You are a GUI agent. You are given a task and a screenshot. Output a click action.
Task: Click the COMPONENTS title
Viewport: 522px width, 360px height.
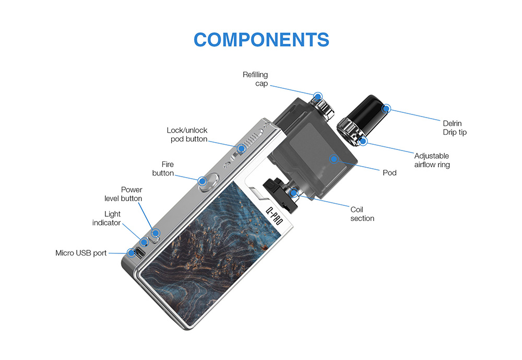click(262, 40)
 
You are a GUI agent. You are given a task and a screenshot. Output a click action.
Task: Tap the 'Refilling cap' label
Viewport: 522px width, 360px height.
click(255, 79)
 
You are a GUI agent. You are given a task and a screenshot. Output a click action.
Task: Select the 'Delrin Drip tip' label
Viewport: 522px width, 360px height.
click(455, 127)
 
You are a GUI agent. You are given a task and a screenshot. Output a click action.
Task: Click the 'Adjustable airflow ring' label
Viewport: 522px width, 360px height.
click(432, 160)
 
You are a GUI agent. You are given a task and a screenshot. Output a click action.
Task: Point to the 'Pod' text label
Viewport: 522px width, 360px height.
click(389, 172)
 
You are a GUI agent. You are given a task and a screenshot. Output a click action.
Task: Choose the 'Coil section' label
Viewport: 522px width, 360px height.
click(362, 214)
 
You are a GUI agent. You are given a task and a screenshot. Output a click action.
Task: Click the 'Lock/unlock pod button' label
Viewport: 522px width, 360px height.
click(187, 135)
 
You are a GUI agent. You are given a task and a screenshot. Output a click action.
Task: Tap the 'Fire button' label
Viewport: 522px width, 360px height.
click(163, 169)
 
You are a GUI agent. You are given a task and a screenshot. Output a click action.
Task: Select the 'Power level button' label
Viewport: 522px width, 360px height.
click(123, 194)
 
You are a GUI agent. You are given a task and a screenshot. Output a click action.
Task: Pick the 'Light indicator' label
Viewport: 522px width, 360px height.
click(106, 218)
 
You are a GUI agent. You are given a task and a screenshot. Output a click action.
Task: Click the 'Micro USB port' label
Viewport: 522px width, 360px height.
click(81, 253)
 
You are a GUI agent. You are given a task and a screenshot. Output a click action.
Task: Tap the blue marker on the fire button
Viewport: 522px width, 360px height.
click(202, 181)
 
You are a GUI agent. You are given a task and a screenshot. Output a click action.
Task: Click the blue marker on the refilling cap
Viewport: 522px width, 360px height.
click(318, 97)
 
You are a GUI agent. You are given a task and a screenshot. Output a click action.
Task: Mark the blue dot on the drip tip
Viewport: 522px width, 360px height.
click(386, 108)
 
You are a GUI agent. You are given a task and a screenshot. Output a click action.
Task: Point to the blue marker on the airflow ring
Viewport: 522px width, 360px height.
click(363, 141)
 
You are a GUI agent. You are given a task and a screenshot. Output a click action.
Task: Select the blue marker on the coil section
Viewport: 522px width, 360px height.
click(293, 193)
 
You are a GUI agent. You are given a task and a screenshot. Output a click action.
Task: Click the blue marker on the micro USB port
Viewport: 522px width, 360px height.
click(132, 253)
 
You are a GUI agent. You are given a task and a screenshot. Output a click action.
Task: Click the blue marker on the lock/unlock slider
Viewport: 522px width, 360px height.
click(241, 148)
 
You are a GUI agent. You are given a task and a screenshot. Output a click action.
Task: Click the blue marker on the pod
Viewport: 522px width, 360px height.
click(334, 159)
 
